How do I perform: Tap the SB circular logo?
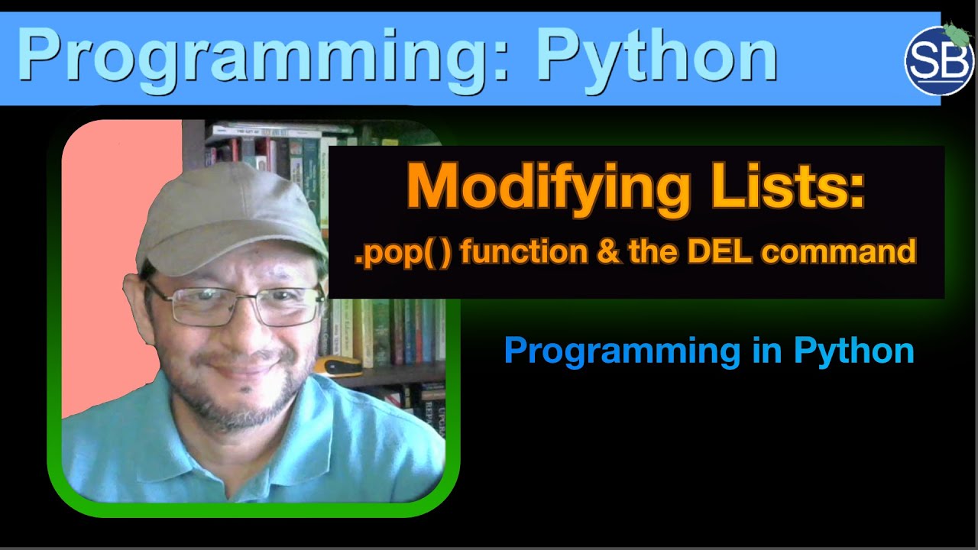coord(938,61)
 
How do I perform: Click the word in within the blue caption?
coord(763,351)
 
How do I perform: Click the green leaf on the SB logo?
coord(956,32)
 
